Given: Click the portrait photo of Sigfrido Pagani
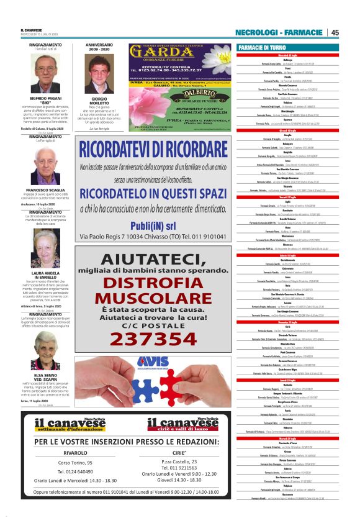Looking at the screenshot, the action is coord(45,74).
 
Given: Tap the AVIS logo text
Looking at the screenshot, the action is coord(145,361).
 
